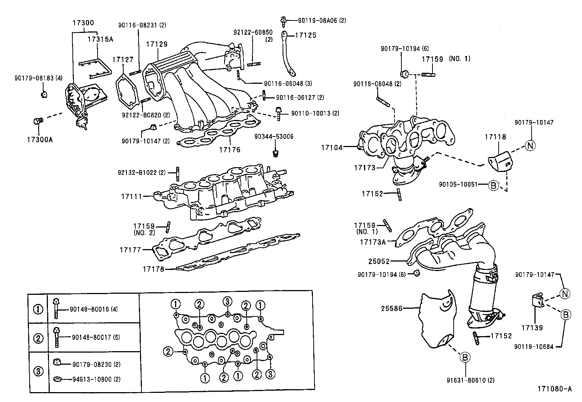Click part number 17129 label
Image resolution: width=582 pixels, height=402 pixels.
click(x=157, y=44)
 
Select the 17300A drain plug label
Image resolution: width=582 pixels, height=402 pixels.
click(x=39, y=140)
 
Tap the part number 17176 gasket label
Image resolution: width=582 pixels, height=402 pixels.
click(x=230, y=150)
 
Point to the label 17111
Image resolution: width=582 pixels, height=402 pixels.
click(x=132, y=196)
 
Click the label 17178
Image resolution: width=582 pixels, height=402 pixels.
click(x=154, y=269)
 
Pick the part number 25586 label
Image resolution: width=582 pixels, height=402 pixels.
click(x=392, y=308)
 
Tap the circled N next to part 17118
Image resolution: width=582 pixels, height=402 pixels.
click(x=530, y=146)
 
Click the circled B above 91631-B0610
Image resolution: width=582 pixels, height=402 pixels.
click(x=465, y=357)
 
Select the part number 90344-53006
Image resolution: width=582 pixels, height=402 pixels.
click(x=274, y=137)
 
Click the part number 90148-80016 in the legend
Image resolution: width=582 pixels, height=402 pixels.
click(x=89, y=309)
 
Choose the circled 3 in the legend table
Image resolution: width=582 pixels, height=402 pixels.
click(x=38, y=371)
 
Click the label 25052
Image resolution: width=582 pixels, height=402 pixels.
click(x=379, y=261)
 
